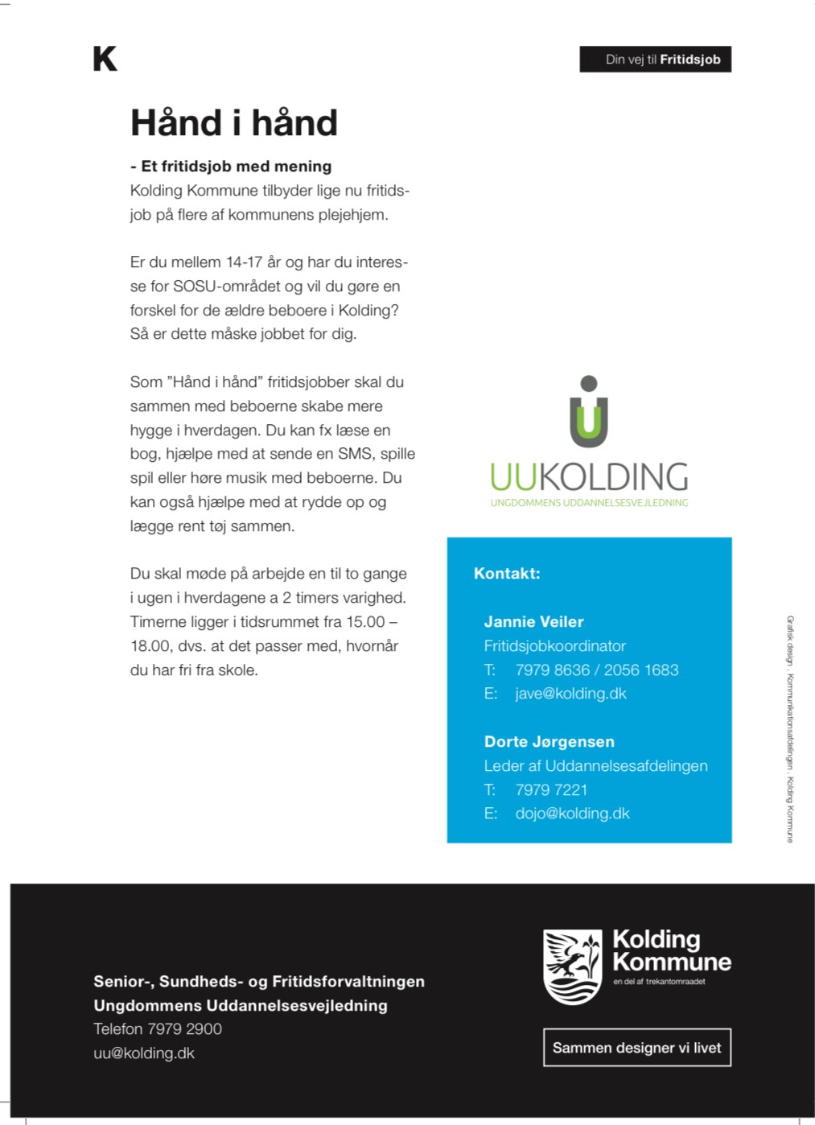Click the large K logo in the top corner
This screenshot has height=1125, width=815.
click(x=105, y=59)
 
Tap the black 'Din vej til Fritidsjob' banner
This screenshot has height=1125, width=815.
click(x=655, y=60)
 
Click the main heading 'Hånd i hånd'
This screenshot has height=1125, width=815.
click(x=233, y=123)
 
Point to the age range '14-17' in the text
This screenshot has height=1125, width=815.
click(x=244, y=262)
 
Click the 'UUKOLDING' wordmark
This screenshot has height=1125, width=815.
click(x=589, y=477)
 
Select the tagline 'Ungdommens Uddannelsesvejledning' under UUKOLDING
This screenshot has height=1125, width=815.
click(x=589, y=503)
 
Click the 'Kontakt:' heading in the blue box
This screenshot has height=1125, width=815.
click(x=507, y=574)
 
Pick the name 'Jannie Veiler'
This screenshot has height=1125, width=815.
click(x=533, y=622)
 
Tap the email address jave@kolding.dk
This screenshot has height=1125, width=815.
click(x=570, y=694)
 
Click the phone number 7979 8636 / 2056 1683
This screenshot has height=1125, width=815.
click(x=596, y=670)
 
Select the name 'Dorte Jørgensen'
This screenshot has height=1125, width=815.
click(x=549, y=742)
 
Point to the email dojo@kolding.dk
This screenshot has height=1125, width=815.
click(x=572, y=814)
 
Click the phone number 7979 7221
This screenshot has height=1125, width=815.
click(x=551, y=789)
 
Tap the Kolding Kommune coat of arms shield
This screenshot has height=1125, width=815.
click(x=573, y=966)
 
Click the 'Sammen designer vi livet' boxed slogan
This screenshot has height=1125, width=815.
click(x=636, y=1048)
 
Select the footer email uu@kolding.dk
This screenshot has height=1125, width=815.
click(x=144, y=1053)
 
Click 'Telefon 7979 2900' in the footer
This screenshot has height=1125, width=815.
click(x=158, y=1029)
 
